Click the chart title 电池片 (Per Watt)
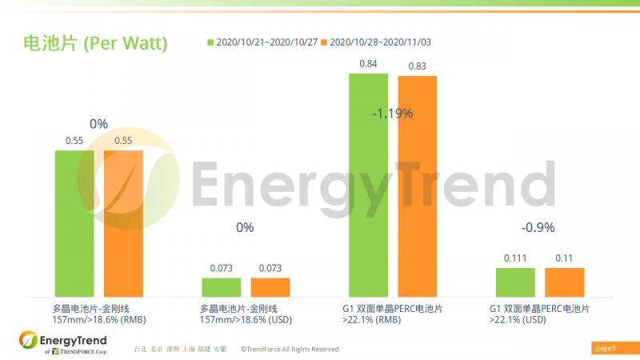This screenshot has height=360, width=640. [95, 43]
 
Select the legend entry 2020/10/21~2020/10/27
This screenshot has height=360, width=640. [263, 42]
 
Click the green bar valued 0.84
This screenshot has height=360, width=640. [368, 185]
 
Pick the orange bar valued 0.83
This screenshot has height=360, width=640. [418, 186]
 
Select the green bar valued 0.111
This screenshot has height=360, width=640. [515, 282]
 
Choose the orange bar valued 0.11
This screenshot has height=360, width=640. [565, 282]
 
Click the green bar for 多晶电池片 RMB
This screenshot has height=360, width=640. [74, 223]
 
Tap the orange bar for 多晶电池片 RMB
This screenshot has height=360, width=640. [124, 223]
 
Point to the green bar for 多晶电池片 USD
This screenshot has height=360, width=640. [222, 287]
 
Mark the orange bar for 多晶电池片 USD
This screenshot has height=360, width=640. [270, 287]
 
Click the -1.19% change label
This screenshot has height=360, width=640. [393, 114]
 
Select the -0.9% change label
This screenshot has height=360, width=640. [538, 228]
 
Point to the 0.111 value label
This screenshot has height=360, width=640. [515, 258]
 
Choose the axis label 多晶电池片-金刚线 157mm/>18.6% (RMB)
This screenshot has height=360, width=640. [99, 314]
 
